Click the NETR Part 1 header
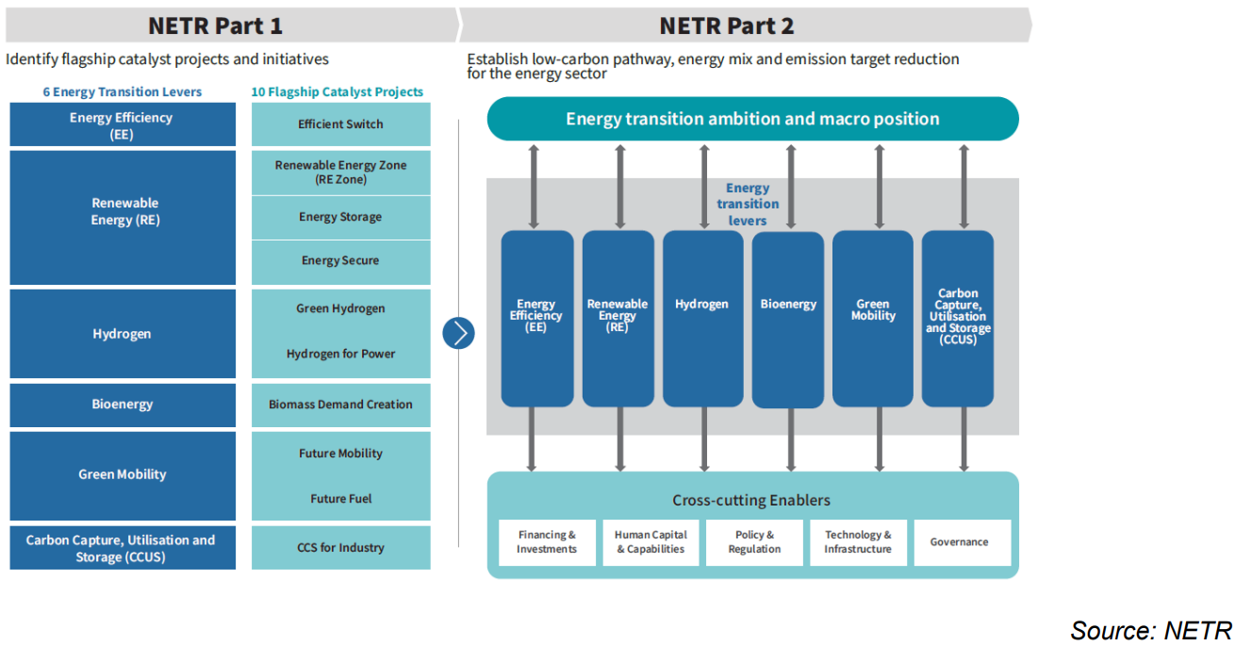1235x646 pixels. (x=216, y=25)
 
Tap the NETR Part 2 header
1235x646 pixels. (x=727, y=25)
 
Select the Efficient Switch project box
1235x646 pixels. (x=340, y=124)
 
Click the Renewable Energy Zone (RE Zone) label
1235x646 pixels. (x=340, y=172)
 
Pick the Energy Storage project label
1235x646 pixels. (x=340, y=217)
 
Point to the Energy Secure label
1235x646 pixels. (x=340, y=260)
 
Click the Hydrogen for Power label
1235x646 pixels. (x=340, y=354)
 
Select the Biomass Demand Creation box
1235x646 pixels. (x=340, y=405)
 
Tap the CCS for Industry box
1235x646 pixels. (x=340, y=548)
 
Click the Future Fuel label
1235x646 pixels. (x=340, y=499)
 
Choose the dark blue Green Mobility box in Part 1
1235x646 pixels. (x=123, y=475)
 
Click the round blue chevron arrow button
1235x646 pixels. (x=458, y=333)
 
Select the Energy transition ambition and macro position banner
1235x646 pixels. (x=752, y=119)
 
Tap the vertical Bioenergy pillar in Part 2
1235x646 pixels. (x=788, y=319)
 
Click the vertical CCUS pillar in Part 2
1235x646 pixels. (x=957, y=319)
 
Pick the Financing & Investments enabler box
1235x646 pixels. (x=546, y=542)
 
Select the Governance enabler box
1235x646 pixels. (x=959, y=542)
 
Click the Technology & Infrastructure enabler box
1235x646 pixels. (x=857, y=542)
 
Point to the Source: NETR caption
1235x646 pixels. (x=1150, y=629)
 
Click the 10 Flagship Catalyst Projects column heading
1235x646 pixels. (x=337, y=92)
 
